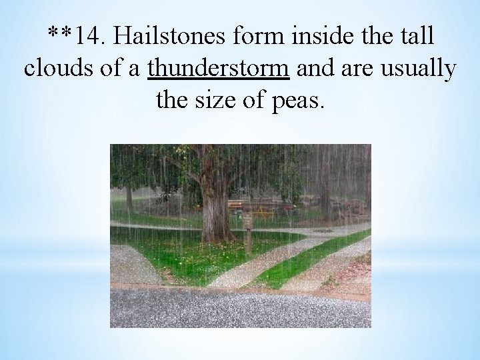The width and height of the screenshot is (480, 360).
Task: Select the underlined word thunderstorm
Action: (x=219, y=68)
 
